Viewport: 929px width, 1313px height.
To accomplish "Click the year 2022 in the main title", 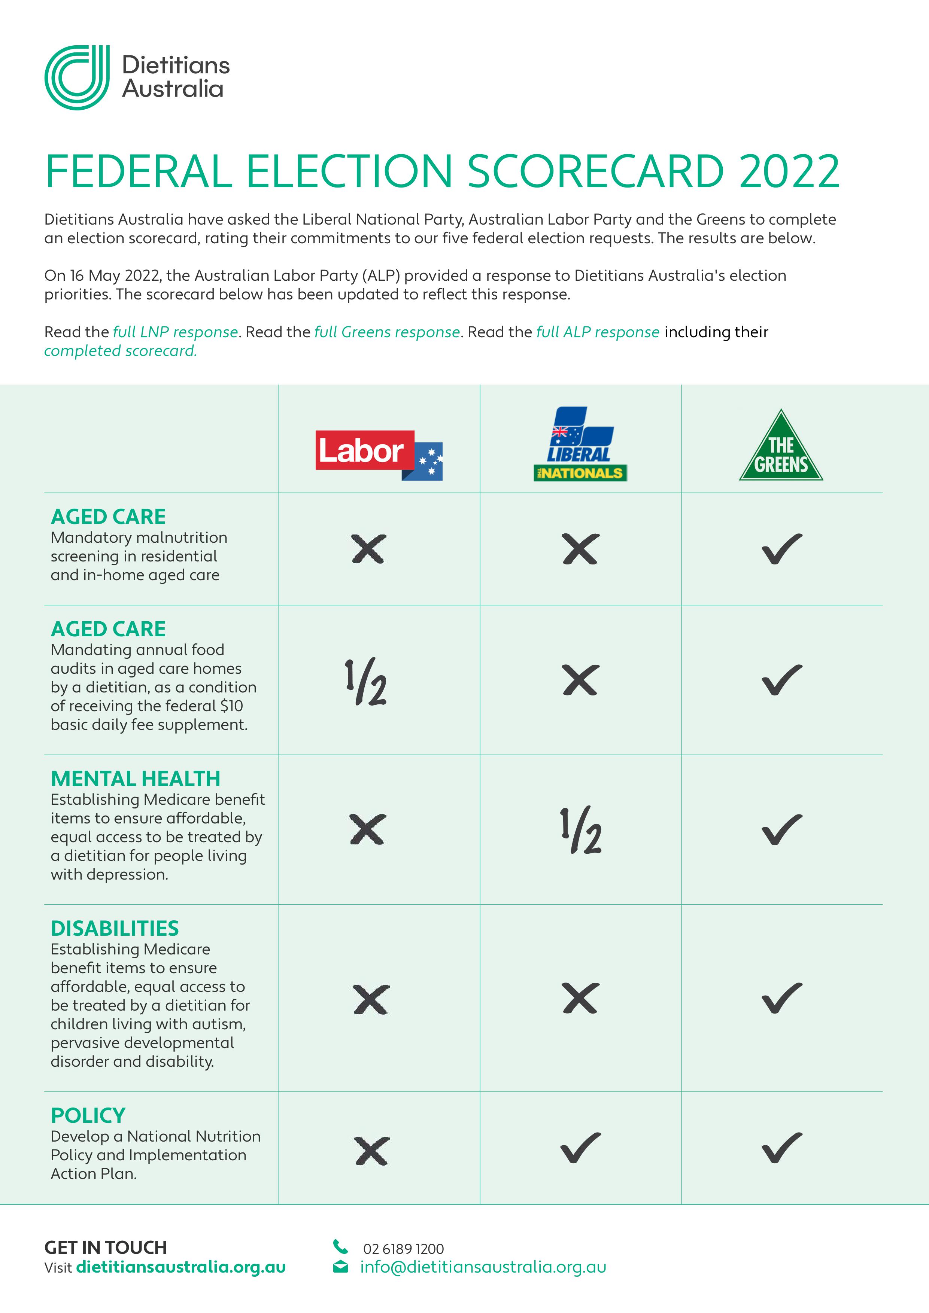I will point(789,171).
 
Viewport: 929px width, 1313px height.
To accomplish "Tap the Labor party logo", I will point(379,455).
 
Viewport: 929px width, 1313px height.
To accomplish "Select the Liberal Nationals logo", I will point(580,444).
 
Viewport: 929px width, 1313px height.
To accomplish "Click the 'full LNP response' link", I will point(176,332).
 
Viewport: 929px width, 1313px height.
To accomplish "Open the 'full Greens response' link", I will point(387,332).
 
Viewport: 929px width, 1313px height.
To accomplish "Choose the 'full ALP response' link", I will point(598,332).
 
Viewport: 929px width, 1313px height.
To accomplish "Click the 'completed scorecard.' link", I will point(120,351).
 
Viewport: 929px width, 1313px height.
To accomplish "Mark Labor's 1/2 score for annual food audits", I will point(366,682).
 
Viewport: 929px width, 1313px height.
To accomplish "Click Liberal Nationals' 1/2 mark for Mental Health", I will point(581,830).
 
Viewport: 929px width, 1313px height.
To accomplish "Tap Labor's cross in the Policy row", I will point(371,1151).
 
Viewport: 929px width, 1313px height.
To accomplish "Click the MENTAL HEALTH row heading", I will point(136,779).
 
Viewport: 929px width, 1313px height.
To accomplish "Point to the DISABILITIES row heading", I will point(115,929).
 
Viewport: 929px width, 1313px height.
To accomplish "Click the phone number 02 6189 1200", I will point(403,1249).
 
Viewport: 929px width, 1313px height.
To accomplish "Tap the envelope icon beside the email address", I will point(340,1267).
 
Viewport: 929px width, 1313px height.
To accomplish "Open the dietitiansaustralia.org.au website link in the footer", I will point(181,1267).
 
